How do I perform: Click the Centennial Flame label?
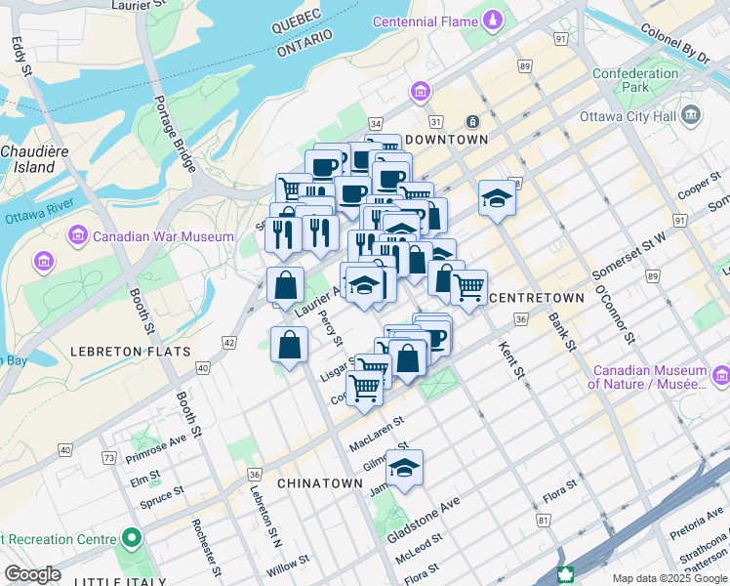pyautogui.click(x=426, y=21)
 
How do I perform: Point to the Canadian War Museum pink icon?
pyautogui.click(x=77, y=236)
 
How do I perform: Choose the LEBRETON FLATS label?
pyautogui.click(x=106, y=350)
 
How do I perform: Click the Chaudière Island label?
pyautogui.click(x=27, y=159)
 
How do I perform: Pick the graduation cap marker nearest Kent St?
pyautogui.click(x=497, y=200)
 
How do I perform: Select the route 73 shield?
pyautogui.click(x=108, y=457)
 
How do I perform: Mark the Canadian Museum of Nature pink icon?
pyautogui.click(x=720, y=376)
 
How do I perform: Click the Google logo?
pyautogui.click(x=32, y=574)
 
